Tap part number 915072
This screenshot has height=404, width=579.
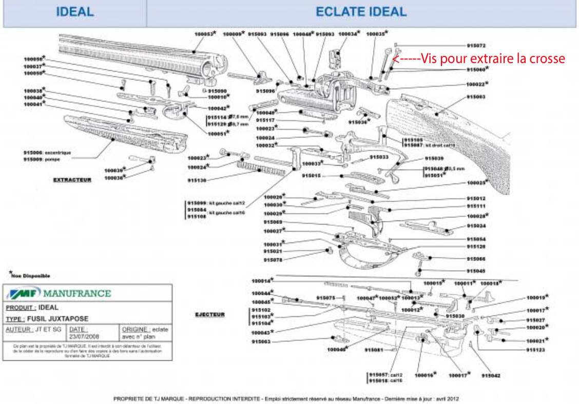tap(476, 46)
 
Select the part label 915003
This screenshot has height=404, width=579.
tap(476, 96)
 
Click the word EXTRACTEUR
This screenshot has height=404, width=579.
tap(72, 180)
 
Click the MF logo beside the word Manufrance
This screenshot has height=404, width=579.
tap(23, 293)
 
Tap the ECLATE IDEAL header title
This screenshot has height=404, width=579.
tap(361, 12)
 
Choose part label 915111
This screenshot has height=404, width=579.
tap(476, 206)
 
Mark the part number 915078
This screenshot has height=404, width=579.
tap(273, 260)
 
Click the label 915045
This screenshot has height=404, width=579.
tap(476, 271)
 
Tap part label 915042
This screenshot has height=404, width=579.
tap(491, 375)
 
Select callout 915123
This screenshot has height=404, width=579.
tap(535, 350)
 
